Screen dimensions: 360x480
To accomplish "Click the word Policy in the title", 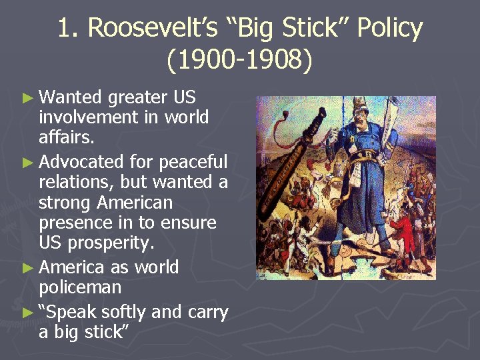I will pyautogui.click(x=389, y=29).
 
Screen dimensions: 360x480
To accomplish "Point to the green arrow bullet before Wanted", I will pyautogui.click(x=27, y=98).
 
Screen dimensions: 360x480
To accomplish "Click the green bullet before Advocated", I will pyautogui.click(x=27, y=162).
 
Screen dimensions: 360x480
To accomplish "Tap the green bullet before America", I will pyautogui.click(x=27, y=268).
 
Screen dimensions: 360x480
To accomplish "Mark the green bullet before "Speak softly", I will pyautogui.click(x=27, y=312).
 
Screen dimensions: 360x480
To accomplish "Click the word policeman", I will pyautogui.click(x=80, y=288).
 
